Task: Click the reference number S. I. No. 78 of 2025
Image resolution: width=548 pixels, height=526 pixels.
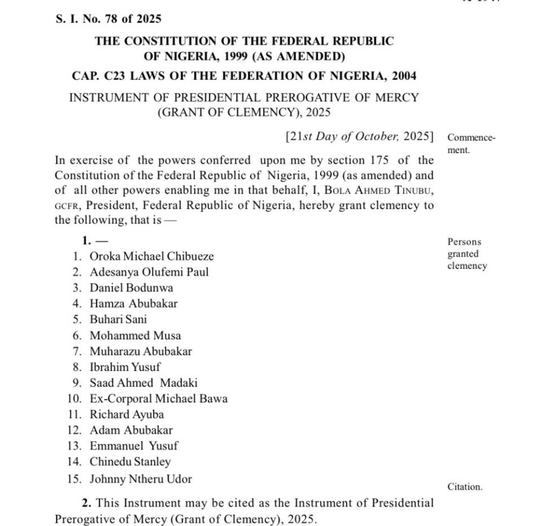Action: tap(108, 19)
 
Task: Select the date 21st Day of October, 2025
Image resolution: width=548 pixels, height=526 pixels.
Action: tap(360, 137)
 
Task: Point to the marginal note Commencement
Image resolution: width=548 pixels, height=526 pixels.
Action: tap(471, 144)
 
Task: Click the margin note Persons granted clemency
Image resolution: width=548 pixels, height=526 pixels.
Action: tap(467, 254)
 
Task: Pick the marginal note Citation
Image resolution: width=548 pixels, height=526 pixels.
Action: tap(464, 486)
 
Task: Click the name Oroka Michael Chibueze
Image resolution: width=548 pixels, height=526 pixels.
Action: tap(152, 256)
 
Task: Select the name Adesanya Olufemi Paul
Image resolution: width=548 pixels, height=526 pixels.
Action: tap(149, 272)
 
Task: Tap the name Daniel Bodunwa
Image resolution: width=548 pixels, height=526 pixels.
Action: tap(131, 288)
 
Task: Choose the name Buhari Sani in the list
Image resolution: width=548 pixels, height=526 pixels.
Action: tap(118, 319)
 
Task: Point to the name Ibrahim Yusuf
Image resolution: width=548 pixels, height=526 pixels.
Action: tap(125, 367)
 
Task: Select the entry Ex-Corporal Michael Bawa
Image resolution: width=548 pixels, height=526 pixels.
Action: tap(159, 398)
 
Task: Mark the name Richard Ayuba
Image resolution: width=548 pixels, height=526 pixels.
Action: tap(126, 414)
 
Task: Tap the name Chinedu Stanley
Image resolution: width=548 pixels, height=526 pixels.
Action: tap(130, 462)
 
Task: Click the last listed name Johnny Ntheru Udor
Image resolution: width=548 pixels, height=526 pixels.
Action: tap(141, 479)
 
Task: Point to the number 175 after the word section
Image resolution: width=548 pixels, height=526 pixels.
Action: tap(375, 160)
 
